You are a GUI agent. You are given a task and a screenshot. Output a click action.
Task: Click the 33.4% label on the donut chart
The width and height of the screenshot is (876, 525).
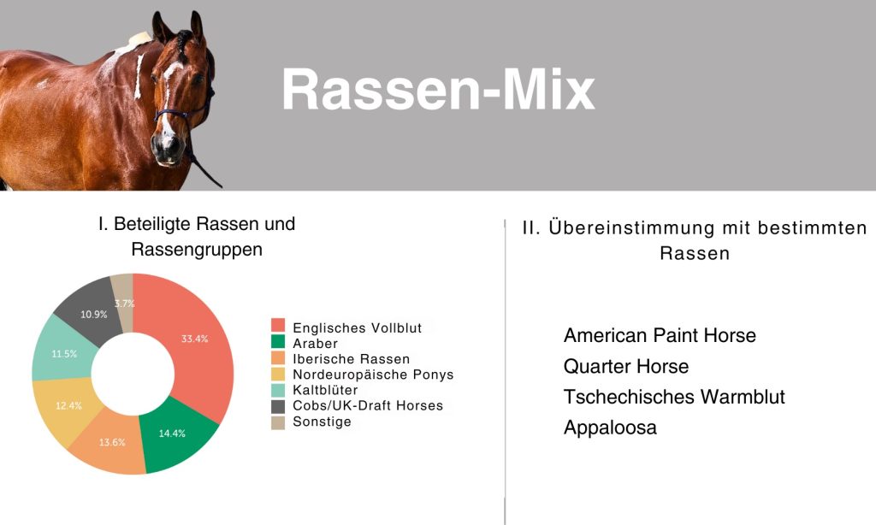click(x=194, y=339)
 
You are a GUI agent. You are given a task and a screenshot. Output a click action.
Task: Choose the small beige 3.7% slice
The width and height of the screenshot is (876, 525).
click(x=123, y=302)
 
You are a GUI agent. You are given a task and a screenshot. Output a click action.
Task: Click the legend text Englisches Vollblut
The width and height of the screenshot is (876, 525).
click(x=357, y=327)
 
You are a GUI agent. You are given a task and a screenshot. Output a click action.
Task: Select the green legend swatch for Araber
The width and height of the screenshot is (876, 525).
click(x=278, y=341)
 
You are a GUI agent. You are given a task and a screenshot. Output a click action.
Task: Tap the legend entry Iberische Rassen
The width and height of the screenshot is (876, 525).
click(x=351, y=359)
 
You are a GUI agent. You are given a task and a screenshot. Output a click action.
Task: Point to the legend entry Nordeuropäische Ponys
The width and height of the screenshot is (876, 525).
click(x=373, y=375)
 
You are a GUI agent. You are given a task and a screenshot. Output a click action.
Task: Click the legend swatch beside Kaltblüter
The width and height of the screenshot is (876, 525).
click(x=278, y=390)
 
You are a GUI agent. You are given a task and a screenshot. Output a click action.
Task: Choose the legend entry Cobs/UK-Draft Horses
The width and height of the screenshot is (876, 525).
click(x=368, y=405)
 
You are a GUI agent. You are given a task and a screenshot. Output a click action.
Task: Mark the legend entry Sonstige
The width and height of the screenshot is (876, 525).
click(x=322, y=422)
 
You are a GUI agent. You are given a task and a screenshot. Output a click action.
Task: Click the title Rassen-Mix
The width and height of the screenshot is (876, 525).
click(x=438, y=90)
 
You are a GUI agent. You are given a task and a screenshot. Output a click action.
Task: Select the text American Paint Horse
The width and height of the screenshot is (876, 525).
click(x=660, y=335)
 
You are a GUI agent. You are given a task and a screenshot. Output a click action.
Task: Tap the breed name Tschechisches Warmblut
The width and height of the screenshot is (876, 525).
click(x=674, y=397)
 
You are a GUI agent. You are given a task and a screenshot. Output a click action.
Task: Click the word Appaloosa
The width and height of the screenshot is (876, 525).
click(x=610, y=428)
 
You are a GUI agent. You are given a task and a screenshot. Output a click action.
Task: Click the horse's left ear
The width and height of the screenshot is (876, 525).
click(x=197, y=26)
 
